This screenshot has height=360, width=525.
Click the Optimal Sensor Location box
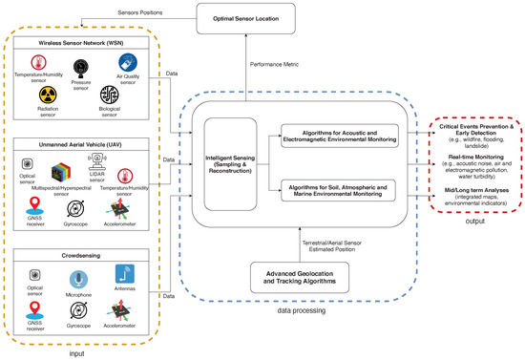pos(244,19)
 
